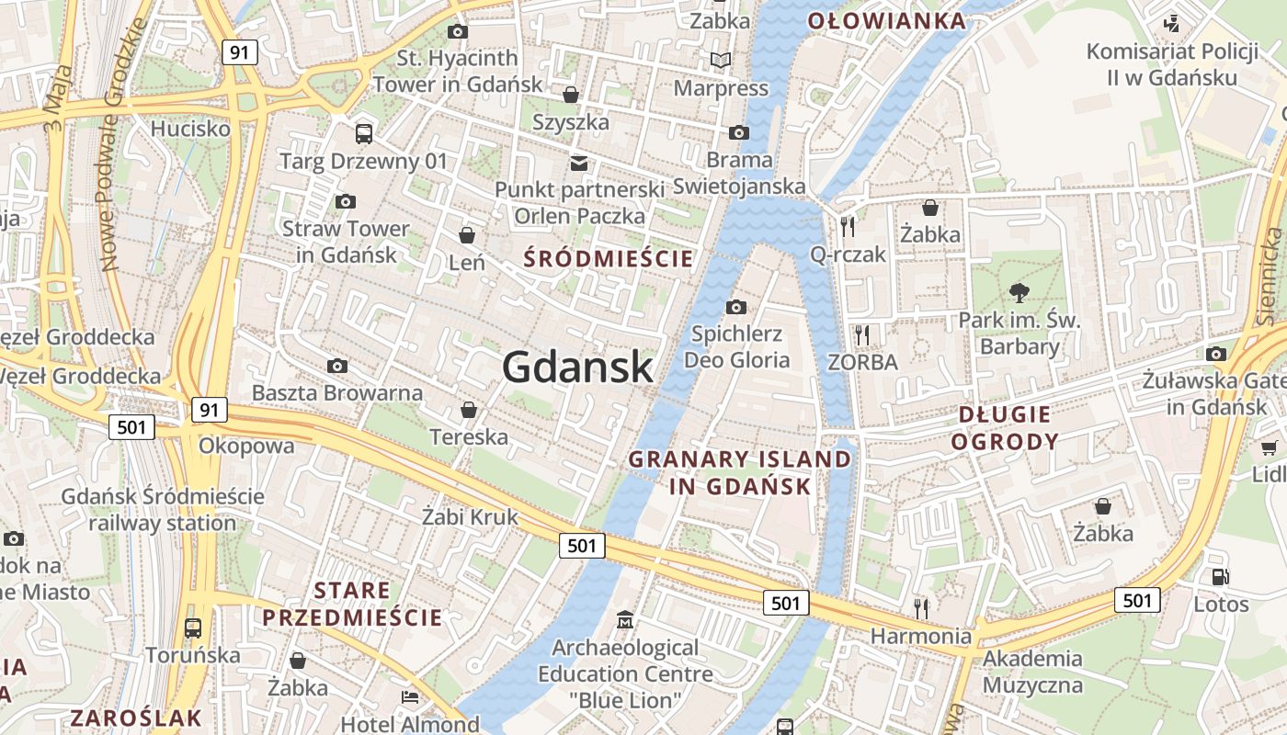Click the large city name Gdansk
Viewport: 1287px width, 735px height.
(x=577, y=367)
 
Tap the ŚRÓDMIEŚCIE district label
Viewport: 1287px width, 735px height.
(x=608, y=259)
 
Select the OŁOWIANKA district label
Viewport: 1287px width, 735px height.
(x=886, y=21)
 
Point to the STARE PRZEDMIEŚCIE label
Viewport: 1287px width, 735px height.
(x=352, y=604)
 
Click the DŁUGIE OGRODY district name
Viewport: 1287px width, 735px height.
(x=1004, y=428)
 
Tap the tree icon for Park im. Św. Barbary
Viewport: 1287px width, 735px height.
(x=1019, y=293)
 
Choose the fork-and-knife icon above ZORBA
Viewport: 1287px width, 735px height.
(x=861, y=334)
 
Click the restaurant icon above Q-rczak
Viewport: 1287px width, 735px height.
(x=847, y=226)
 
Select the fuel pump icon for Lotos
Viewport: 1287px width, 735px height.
(x=1221, y=577)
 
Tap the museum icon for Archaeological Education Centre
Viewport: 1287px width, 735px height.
(x=625, y=619)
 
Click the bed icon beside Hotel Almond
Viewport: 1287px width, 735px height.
(x=410, y=697)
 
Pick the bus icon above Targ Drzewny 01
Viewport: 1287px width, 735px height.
(x=364, y=134)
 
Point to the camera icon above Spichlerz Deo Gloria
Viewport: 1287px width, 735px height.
(x=736, y=307)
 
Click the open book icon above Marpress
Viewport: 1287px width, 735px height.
(x=722, y=61)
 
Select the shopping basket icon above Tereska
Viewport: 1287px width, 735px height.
(x=469, y=410)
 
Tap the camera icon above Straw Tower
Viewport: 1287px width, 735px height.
(x=346, y=201)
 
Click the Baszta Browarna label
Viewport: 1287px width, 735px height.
(x=336, y=393)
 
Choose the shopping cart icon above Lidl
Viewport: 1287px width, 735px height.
(x=1270, y=447)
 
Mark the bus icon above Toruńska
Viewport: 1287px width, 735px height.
(x=193, y=628)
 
